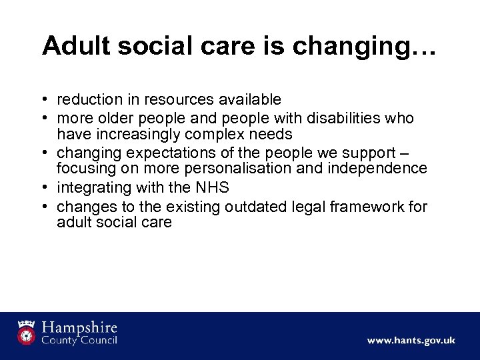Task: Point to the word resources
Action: [181, 99]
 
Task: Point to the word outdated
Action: [255, 206]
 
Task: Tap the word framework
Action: [369, 206]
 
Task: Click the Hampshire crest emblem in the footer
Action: [27, 332]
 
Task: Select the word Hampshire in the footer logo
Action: [78, 327]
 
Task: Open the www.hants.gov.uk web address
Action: [411, 340]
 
